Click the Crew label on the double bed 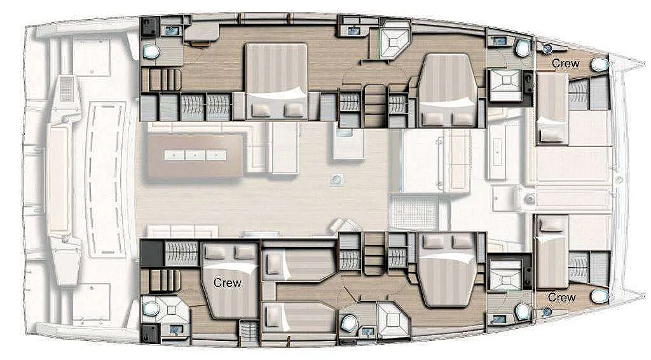tap(227, 283)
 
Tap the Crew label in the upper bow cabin tap(565, 64)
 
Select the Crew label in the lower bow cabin tap(561, 297)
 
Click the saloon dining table tap(195, 156)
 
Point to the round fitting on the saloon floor tap(337, 179)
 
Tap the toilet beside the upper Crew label tap(600, 64)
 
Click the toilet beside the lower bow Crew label tap(600, 296)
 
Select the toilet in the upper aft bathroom tap(151, 52)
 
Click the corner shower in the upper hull tap(395, 39)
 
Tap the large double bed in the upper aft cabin tap(277, 81)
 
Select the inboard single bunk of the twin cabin tap(299, 265)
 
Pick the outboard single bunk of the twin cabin tap(299, 317)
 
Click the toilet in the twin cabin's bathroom tap(350, 322)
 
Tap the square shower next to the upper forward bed tap(505, 85)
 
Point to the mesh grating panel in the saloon tap(415, 212)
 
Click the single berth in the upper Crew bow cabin tap(552, 109)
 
